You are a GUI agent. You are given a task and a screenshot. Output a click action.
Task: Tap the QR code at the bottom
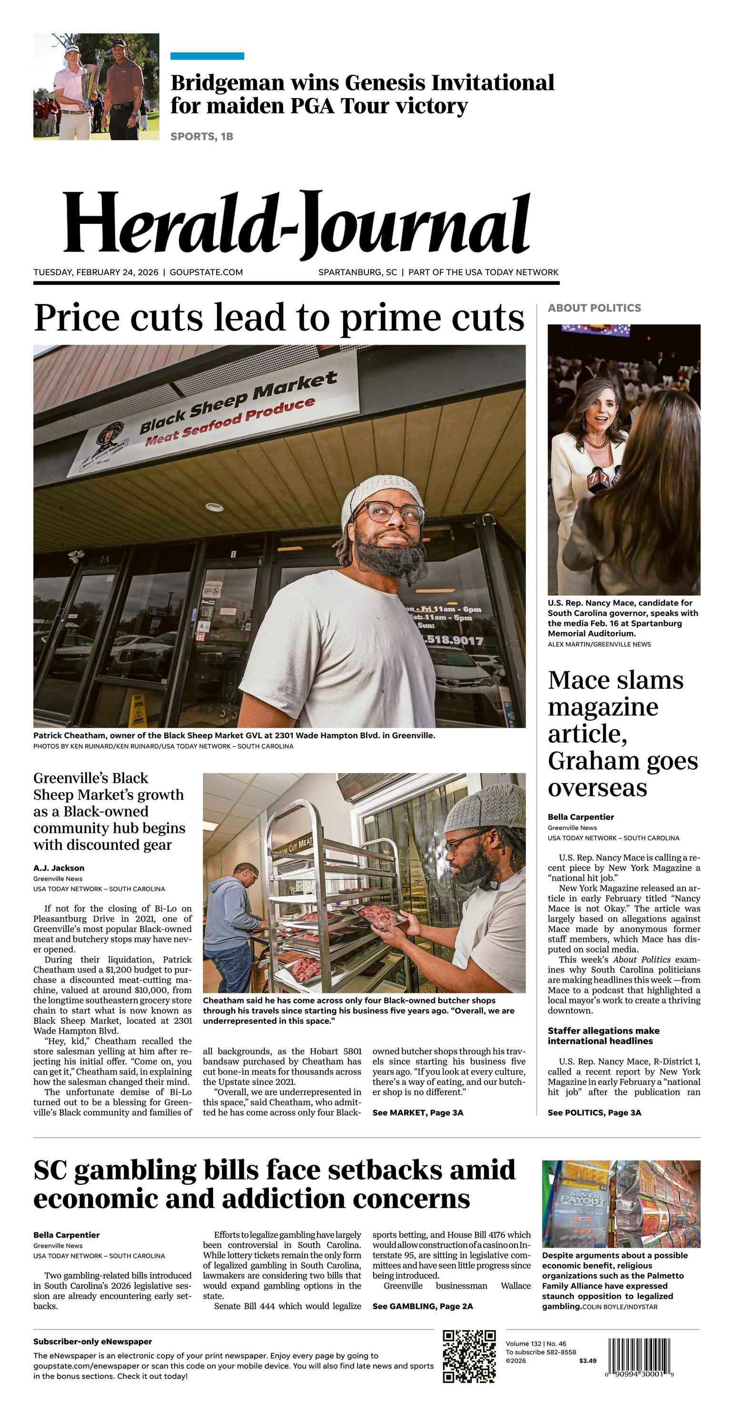(469, 1356)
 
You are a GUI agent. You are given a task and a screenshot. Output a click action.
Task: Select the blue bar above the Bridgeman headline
(207, 56)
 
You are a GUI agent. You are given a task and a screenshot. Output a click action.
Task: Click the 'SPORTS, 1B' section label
(201, 137)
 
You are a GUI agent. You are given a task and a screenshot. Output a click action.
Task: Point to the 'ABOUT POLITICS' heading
(594, 307)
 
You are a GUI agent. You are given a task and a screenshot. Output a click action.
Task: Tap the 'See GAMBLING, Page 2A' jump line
(422, 1306)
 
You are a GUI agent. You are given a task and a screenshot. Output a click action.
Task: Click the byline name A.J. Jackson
(59, 868)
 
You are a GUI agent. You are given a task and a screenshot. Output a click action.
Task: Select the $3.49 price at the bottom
(587, 1361)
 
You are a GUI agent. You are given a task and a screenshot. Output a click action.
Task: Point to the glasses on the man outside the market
(390, 513)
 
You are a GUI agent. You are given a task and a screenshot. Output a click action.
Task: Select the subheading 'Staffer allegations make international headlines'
(603, 1035)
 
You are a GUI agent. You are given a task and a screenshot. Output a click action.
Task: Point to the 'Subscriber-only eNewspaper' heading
(92, 1341)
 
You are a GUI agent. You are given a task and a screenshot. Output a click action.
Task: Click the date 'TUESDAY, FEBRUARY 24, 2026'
(96, 272)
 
